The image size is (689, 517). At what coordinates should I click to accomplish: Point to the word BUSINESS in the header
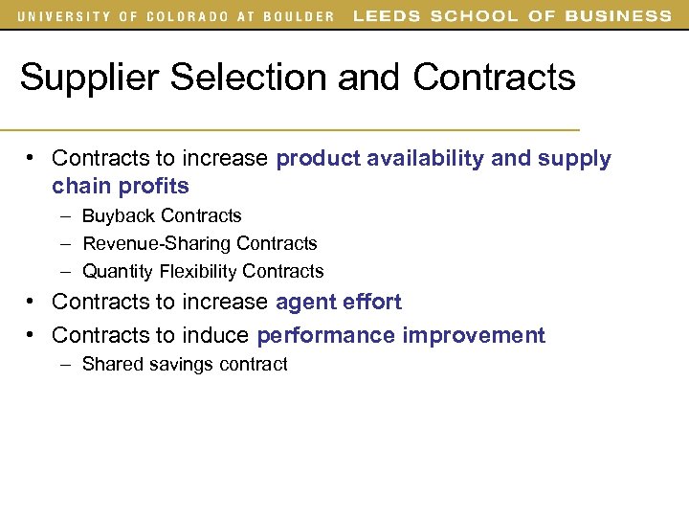click(618, 15)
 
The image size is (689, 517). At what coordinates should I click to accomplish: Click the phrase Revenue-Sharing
click(156, 244)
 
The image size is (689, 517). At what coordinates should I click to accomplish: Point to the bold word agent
click(304, 303)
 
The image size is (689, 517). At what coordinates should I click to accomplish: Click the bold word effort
click(370, 303)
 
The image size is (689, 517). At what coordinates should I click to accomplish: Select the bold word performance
click(325, 336)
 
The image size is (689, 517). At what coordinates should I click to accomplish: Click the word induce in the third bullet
click(223, 336)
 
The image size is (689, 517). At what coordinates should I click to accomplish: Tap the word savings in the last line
click(185, 365)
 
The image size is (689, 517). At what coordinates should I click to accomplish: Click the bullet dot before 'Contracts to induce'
click(32, 335)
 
